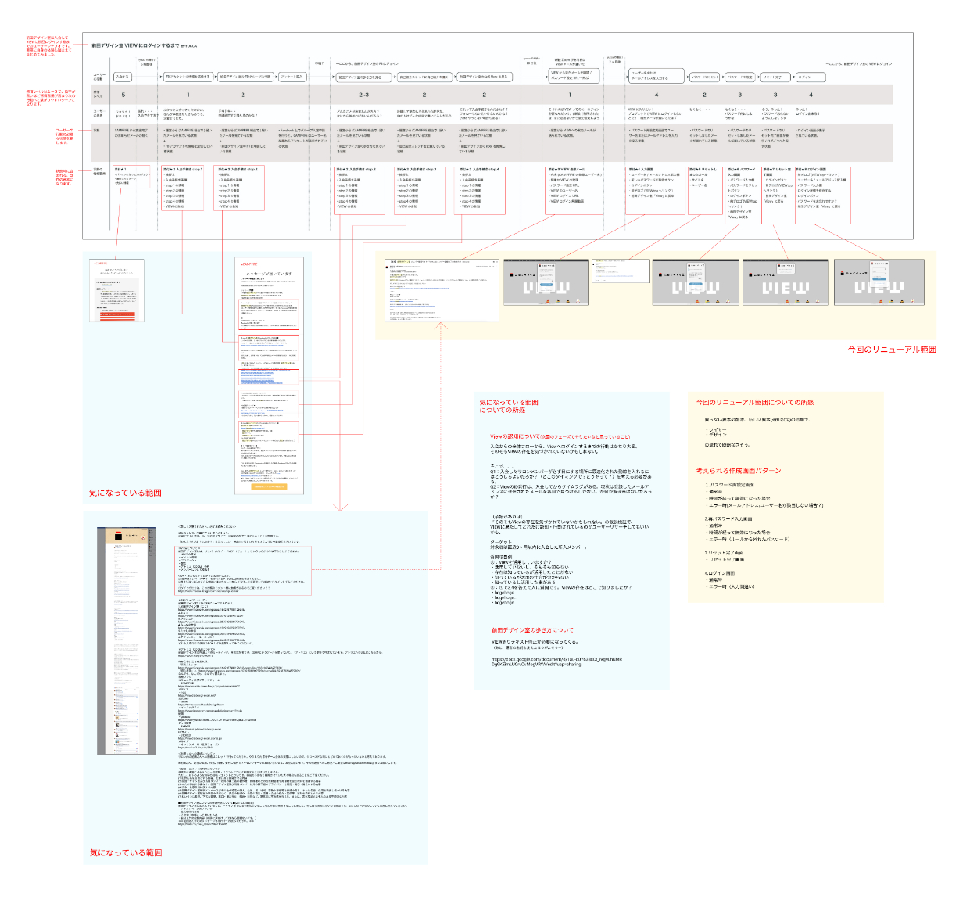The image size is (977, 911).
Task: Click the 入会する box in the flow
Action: point(122,77)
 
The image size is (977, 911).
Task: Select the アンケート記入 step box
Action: point(292,77)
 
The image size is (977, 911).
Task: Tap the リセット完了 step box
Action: point(772,77)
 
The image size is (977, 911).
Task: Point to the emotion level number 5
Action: point(123,95)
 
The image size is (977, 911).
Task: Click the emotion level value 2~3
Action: point(363,95)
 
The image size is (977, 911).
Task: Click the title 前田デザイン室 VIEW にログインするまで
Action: point(135,46)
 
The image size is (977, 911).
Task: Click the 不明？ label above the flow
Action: point(320,63)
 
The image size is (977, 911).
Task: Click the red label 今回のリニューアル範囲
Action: point(891,350)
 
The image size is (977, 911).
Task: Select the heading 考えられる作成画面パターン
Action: point(738,471)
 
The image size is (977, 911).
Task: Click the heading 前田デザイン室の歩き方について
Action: point(532,629)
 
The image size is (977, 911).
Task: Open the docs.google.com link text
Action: point(556,662)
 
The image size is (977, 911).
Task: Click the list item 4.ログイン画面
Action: point(719,573)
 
